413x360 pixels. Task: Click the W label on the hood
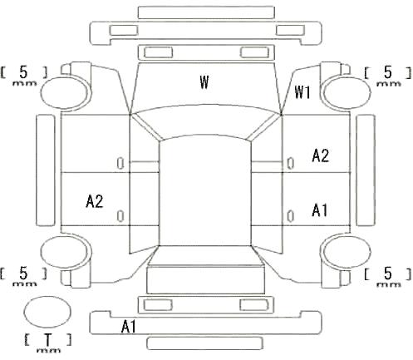coord(204,81)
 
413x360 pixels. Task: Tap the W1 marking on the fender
coord(302,92)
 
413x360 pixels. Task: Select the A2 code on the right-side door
coord(320,155)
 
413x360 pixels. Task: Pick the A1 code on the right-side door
coord(320,210)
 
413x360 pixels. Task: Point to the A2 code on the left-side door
coord(95,201)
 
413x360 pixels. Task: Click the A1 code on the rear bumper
coord(129,326)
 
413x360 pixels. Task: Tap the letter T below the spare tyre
coord(48,339)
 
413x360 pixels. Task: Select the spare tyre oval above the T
coord(47,313)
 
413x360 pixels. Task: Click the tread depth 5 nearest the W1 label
coord(387,72)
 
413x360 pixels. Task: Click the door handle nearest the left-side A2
coord(120,216)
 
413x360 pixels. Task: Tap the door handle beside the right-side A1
coord(290,216)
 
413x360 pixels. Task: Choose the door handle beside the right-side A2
coord(290,163)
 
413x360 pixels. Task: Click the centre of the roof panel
coord(205,191)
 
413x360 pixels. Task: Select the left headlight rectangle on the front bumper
coord(124,30)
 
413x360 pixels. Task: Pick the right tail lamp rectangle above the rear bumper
coord(254,305)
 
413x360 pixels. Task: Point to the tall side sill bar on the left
coord(46,170)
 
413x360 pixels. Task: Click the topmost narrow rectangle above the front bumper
coord(206,12)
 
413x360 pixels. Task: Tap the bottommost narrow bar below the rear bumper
coord(204,343)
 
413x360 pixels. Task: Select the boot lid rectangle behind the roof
coord(205,279)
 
